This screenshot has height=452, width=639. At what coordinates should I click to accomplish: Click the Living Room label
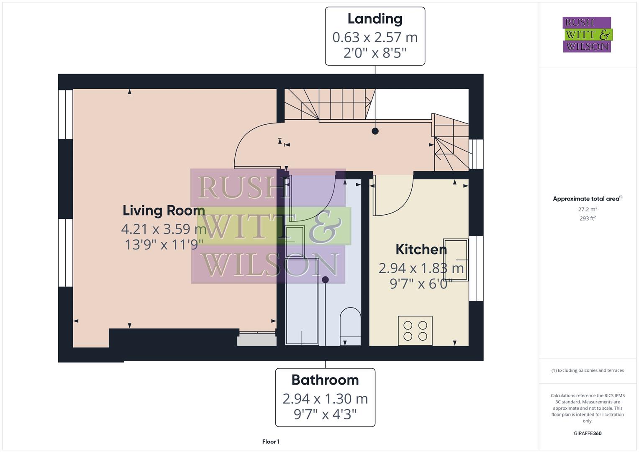pyautogui.click(x=164, y=210)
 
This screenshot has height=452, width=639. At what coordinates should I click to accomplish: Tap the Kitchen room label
pyautogui.click(x=421, y=249)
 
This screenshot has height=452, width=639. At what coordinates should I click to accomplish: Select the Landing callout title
pyautogui.click(x=375, y=19)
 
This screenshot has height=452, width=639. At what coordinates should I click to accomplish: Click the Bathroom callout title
pyautogui.click(x=325, y=380)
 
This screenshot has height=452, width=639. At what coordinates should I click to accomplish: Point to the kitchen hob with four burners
pyautogui.click(x=415, y=331)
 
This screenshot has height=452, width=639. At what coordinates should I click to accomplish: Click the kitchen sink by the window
pyautogui.click(x=456, y=259)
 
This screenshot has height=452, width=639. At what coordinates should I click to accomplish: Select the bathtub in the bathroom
pyautogui.click(x=302, y=301)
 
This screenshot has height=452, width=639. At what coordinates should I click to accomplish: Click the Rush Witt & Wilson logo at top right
pyautogui.click(x=587, y=35)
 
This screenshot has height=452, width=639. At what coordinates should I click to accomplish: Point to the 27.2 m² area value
pyautogui.click(x=588, y=209)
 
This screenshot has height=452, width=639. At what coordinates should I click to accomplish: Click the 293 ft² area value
pyautogui.click(x=588, y=218)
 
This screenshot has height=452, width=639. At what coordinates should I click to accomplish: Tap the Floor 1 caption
pyautogui.click(x=271, y=442)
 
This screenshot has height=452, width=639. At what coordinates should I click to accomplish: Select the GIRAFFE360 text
pyautogui.click(x=588, y=433)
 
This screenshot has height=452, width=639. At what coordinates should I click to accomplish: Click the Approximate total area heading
pyautogui.click(x=587, y=199)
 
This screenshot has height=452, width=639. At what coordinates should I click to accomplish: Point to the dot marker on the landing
pyautogui.click(x=375, y=131)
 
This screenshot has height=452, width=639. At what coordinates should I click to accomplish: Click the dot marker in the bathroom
pyautogui.click(x=325, y=280)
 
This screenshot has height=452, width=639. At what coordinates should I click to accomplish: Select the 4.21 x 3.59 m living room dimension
pyautogui.click(x=164, y=229)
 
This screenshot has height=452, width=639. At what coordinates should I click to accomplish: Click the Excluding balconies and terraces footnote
pyautogui.click(x=588, y=370)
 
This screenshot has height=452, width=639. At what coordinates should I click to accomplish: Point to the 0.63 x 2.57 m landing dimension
pyautogui.click(x=375, y=37)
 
